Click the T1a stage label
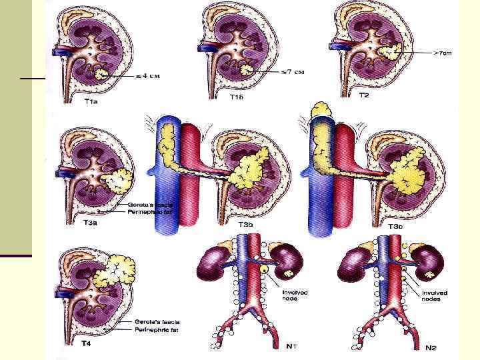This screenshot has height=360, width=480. click(90, 101)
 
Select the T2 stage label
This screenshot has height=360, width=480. click(364, 95)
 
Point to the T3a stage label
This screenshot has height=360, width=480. click(90, 223)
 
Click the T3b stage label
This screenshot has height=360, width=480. click(245, 225)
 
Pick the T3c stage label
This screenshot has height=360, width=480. click(395, 227)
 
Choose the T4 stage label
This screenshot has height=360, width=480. click(86, 343)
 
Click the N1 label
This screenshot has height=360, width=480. click(291, 347)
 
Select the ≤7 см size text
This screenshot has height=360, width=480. click(288, 71)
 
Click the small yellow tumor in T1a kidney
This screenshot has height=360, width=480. click(102, 74)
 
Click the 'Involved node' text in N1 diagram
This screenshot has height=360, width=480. click(295, 295)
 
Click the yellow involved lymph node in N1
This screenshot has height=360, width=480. click(265, 269)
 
